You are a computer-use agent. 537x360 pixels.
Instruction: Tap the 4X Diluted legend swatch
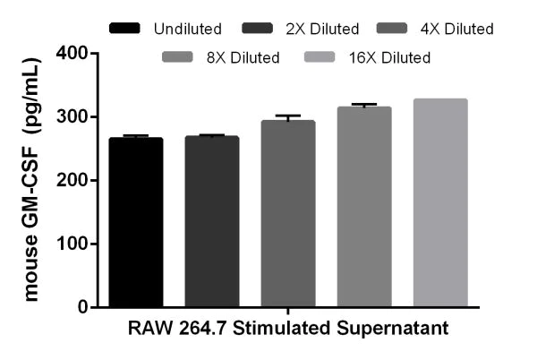(391, 30)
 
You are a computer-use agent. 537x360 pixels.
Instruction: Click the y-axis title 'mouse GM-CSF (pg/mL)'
(31, 179)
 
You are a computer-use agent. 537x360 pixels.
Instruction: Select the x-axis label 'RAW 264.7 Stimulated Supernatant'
(288, 329)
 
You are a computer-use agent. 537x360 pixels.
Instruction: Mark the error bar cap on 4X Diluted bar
(288, 116)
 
